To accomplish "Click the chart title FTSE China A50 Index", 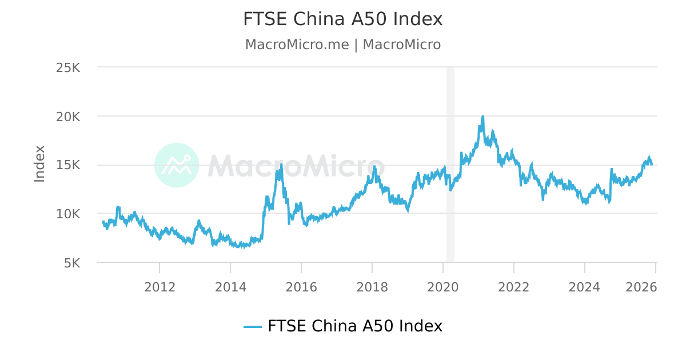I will [x=343, y=19].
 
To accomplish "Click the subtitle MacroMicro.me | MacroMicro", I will [x=343, y=45].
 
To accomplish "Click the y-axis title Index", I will [x=39, y=164].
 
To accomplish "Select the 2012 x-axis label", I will [x=159, y=287].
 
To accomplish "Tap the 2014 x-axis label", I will [x=230, y=287].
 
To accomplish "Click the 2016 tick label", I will [x=301, y=287].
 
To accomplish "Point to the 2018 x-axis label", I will [x=372, y=287].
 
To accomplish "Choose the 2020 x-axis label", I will [x=443, y=287].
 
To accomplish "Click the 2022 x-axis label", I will [x=514, y=287].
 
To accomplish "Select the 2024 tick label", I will [x=585, y=287].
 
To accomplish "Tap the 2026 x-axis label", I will [x=641, y=287].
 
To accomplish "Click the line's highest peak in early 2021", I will [x=483, y=116].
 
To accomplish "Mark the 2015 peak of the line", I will [x=281, y=164].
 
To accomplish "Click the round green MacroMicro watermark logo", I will [x=177, y=165].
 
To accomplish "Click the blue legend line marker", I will [x=253, y=326].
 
